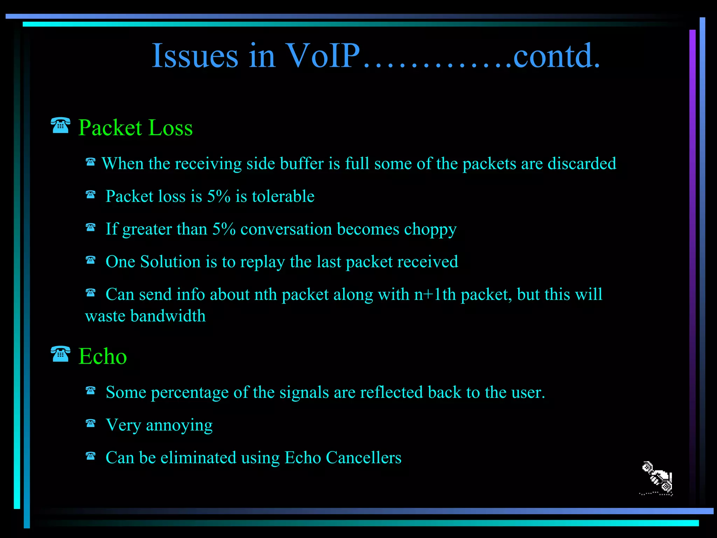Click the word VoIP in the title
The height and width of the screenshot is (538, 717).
[x=322, y=56]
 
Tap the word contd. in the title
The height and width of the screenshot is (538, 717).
[x=557, y=56]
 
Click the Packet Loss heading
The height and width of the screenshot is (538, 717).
[x=135, y=127]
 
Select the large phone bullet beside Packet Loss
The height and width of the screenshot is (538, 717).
[x=60, y=125]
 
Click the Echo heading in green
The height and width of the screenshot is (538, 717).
[x=102, y=356]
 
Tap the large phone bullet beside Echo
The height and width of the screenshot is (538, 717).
[x=60, y=354]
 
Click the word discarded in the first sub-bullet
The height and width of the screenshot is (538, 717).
[x=582, y=164]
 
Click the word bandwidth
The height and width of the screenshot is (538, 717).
[x=168, y=316]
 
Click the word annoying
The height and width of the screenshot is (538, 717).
[x=179, y=426]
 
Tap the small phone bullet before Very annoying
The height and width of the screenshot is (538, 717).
[x=90, y=423]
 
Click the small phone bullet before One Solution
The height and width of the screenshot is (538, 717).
[x=90, y=260]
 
